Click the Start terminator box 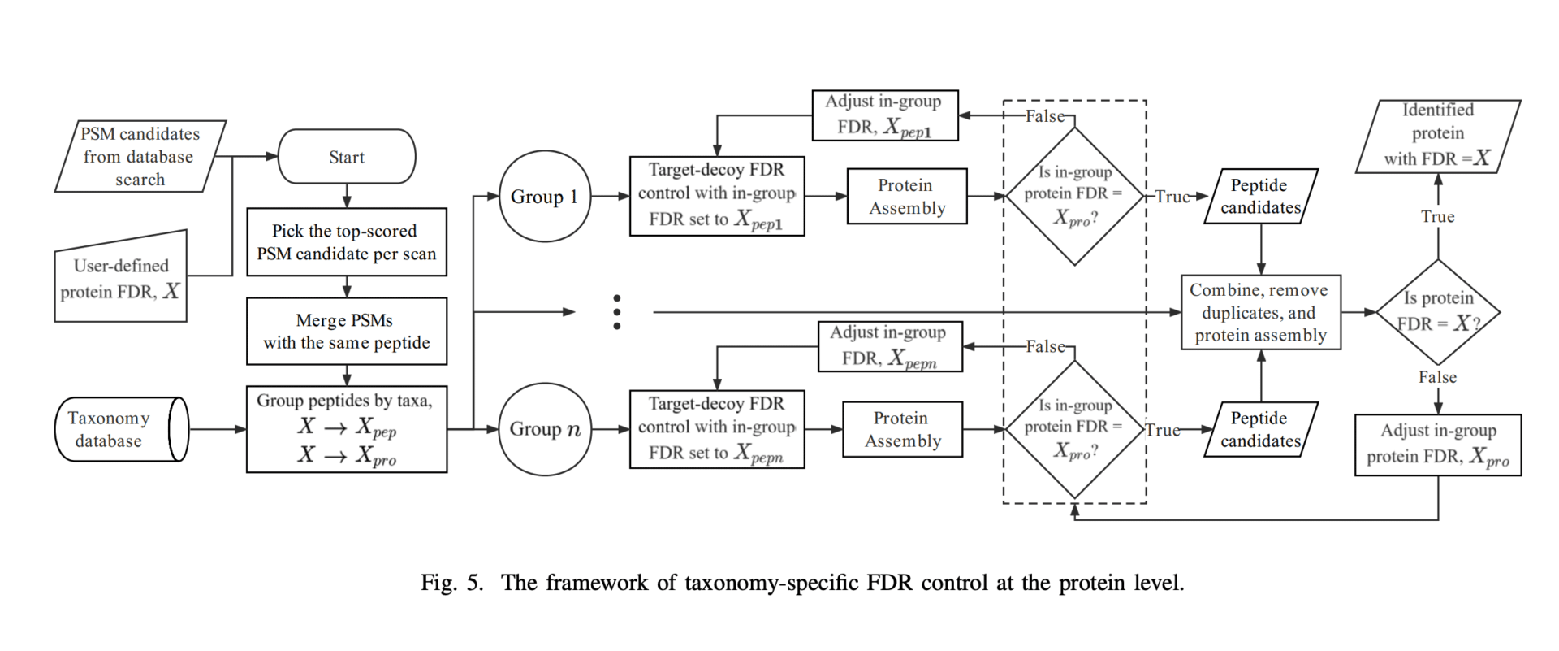pyautogui.click(x=347, y=157)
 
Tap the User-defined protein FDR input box pyautogui.click(x=121, y=279)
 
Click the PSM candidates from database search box pyautogui.click(x=140, y=156)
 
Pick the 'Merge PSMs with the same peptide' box pyautogui.click(x=347, y=332)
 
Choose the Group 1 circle pyautogui.click(x=544, y=197)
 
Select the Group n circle pyautogui.click(x=544, y=429)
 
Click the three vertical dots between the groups pyautogui.click(x=617, y=312)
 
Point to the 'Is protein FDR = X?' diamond pyautogui.click(x=1438, y=311)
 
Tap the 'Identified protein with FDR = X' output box pyautogui.click(x=1438, y=135)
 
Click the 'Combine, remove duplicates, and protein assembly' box pyautogui.click(x=1260, y=312)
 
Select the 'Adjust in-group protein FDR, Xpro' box pyautogui.click(x=1438, y=445)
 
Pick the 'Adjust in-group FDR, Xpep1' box pyautogui.click(x=884, y=115)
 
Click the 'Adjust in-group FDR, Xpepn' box pyautogui.click(x=890, y=346)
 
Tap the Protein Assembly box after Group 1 pyautogui.click(x=907, y=197)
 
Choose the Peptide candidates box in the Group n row pyautogui.click(x=1260, y=429)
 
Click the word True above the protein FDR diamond pyautogui.click(x=1438, y=217)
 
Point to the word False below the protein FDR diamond pyautogui.click(x=1438, y=377)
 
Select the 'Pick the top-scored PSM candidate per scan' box pyautogui.click(x=347, y=242)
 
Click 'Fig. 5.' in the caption pyautogui.click(x=451, y=583)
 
